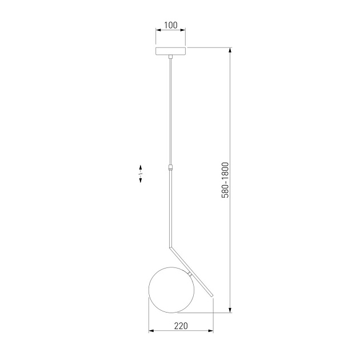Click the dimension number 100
pyautogui.click(x=170, y=26)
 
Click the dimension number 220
pyautogui.click(x=181, y=326)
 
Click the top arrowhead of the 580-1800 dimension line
pyautogui.click(x=230, y=50)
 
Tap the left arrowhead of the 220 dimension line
pyautogui.click(x=150, y=331)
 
